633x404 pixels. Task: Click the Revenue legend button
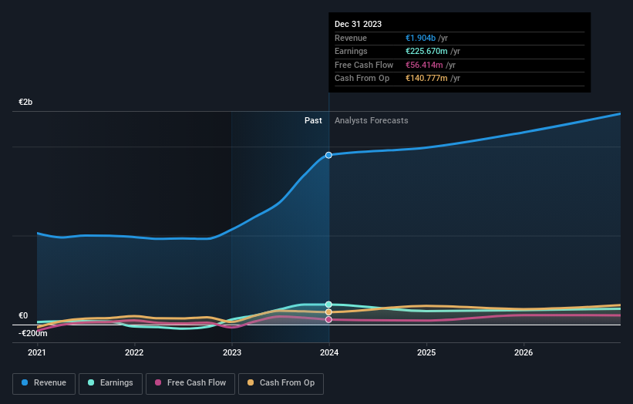point(44,382)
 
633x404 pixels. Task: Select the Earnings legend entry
point(110,382)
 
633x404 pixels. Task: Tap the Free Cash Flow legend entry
point(190,382)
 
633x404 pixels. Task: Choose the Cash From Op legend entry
point(281,382)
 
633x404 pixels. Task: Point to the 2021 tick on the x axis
point(37,353)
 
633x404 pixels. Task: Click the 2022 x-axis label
point(134,353)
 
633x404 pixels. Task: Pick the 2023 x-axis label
point(231,353)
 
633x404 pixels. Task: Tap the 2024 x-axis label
point(329,353)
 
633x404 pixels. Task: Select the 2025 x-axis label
point(426,353)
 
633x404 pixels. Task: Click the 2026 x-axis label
point(524,353)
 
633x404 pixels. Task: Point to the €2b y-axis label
point(25,102)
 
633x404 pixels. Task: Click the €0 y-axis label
point(23,315)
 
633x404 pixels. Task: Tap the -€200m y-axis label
point(32,333)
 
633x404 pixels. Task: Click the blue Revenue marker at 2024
point(328,155)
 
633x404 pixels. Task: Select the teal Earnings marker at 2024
point(328,305)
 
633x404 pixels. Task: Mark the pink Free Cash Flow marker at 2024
point(328,319)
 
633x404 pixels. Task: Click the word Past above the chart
point(313,120)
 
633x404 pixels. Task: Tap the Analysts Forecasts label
point(371,120)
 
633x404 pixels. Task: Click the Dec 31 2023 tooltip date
point(358,25)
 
